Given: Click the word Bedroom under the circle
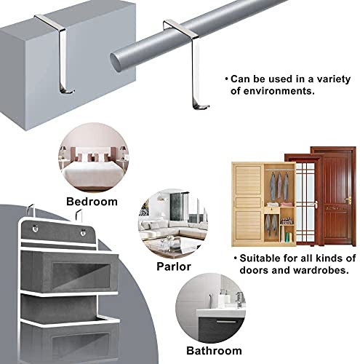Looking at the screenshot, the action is point(92,202).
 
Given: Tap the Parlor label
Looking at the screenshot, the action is point(174,266).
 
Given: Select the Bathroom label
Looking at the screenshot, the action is point(214,351).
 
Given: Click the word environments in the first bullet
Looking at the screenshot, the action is point(273,91).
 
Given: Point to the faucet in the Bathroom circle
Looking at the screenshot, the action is point(239,299).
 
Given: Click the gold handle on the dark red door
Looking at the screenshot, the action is point(348,200).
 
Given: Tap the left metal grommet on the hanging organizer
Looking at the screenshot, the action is point(36,229).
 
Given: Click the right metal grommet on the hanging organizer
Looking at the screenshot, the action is point(83,232).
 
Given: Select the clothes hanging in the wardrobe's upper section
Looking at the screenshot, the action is point(279,186).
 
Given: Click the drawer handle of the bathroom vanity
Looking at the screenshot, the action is point(226,322).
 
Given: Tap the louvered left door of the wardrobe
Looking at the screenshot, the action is point(248,204).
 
